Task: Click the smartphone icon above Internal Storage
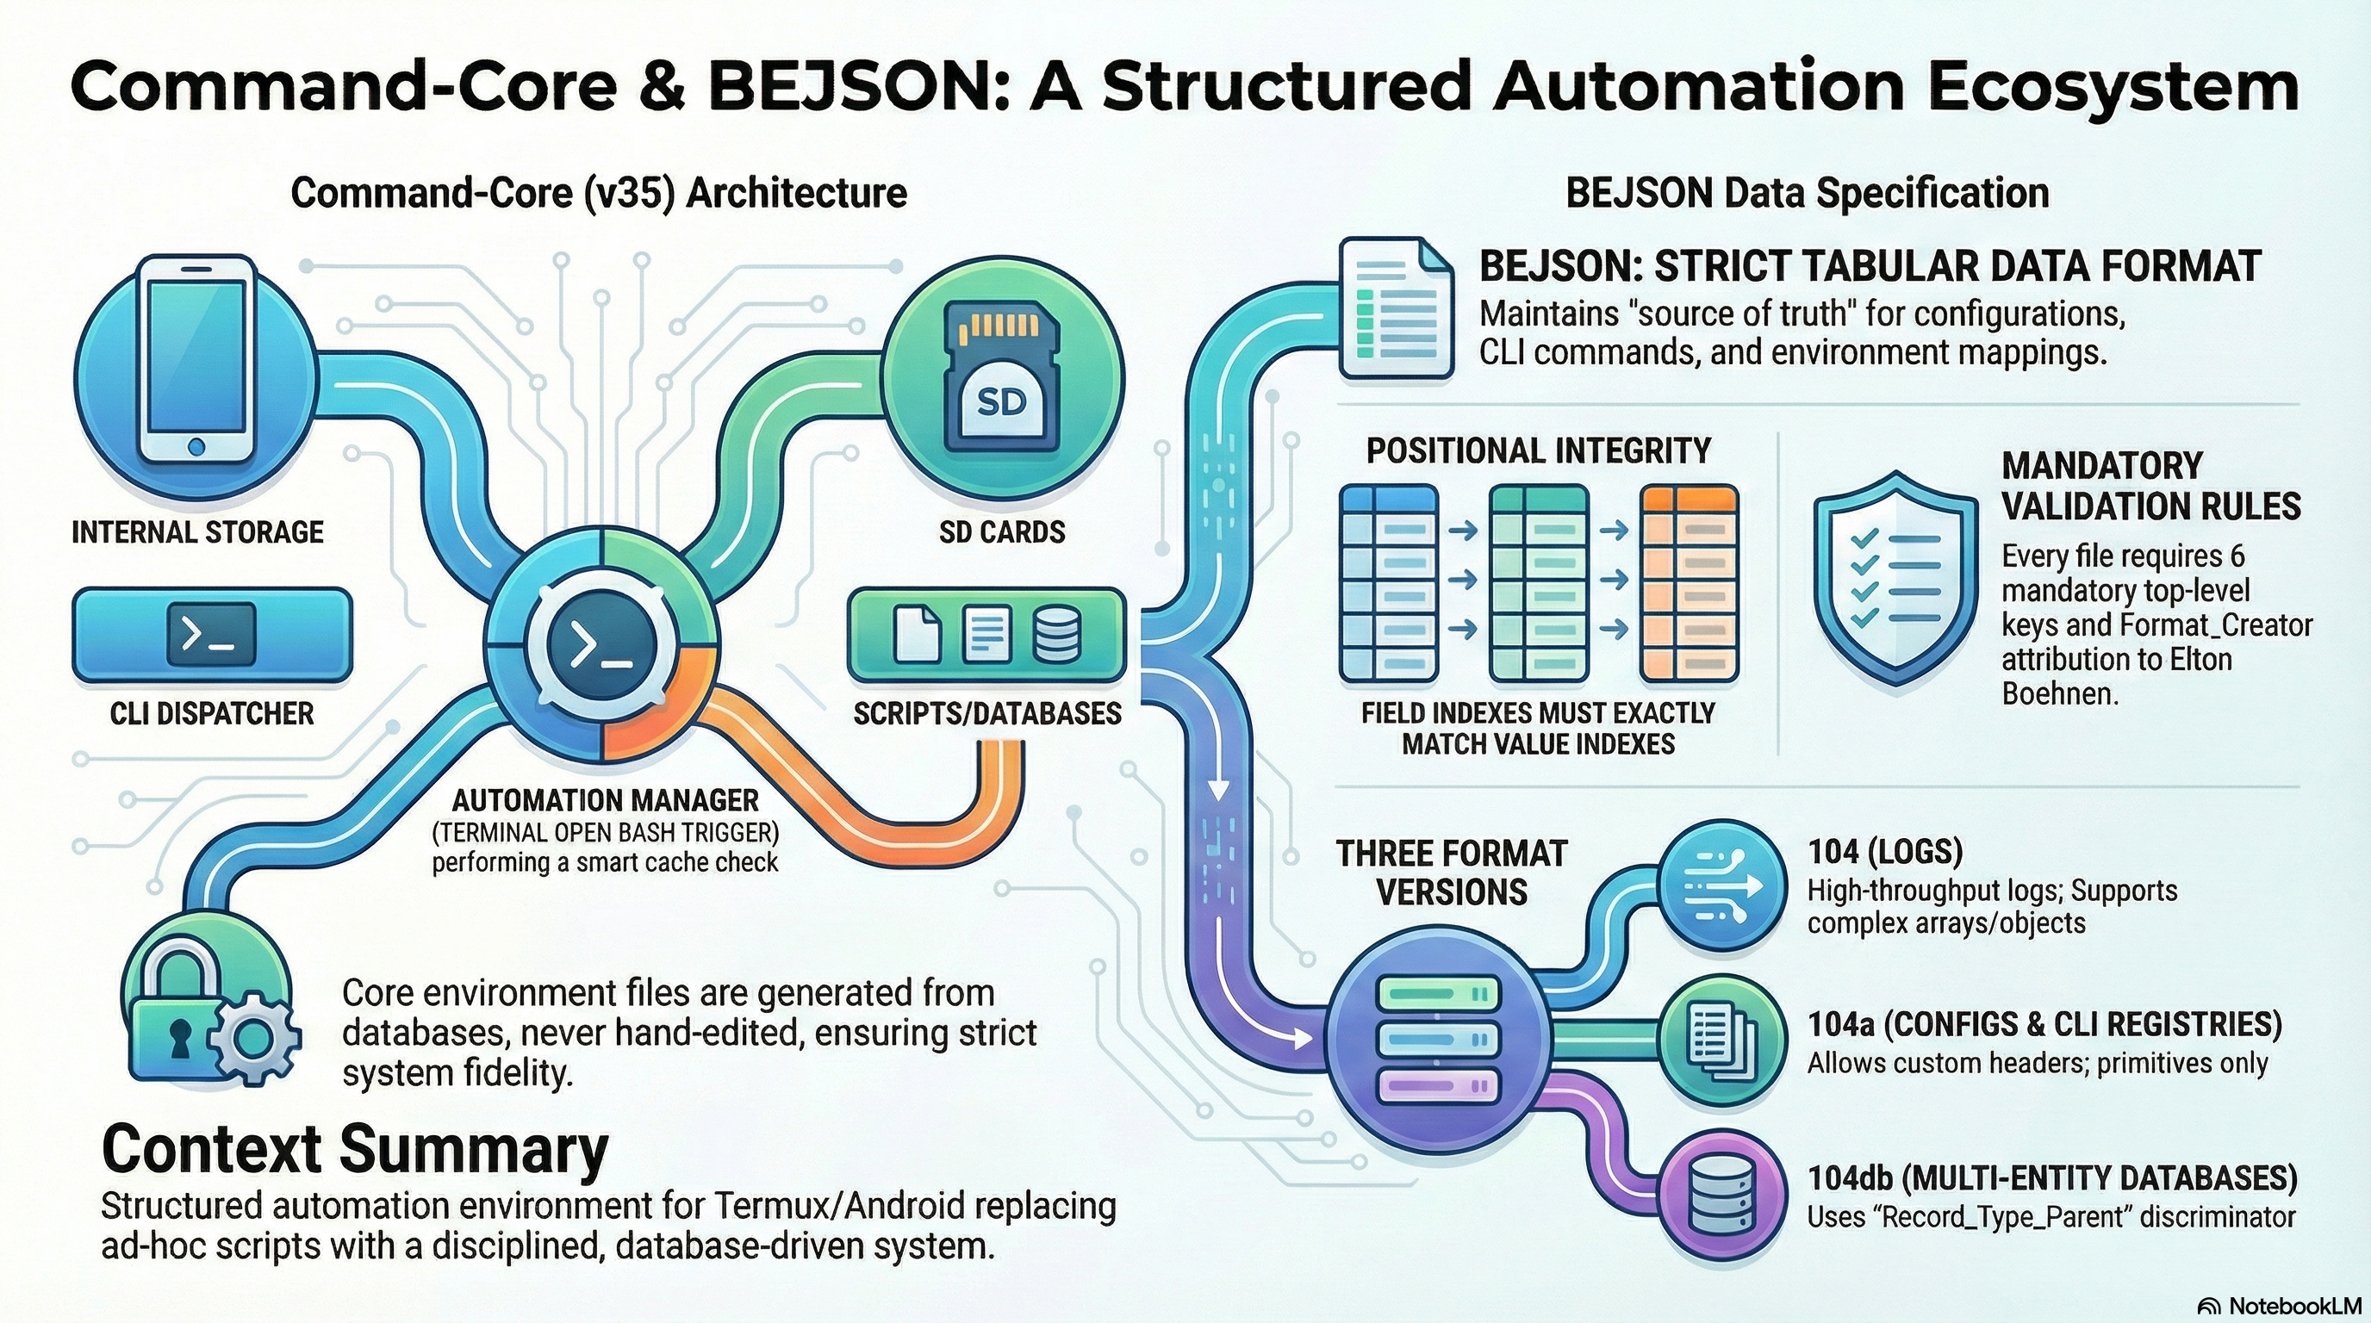pos(196,359)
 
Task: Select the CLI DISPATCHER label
pos(212,713)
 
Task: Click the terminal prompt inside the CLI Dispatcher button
pos(211,635)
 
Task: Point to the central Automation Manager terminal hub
pos(601,643)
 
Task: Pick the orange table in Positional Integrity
pos(1690,584)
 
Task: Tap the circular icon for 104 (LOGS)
pos(1722,885)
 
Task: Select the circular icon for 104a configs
pos(1722,1041)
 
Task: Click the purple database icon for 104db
pos(1722,1196)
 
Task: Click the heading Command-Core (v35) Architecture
pos(598,193)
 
